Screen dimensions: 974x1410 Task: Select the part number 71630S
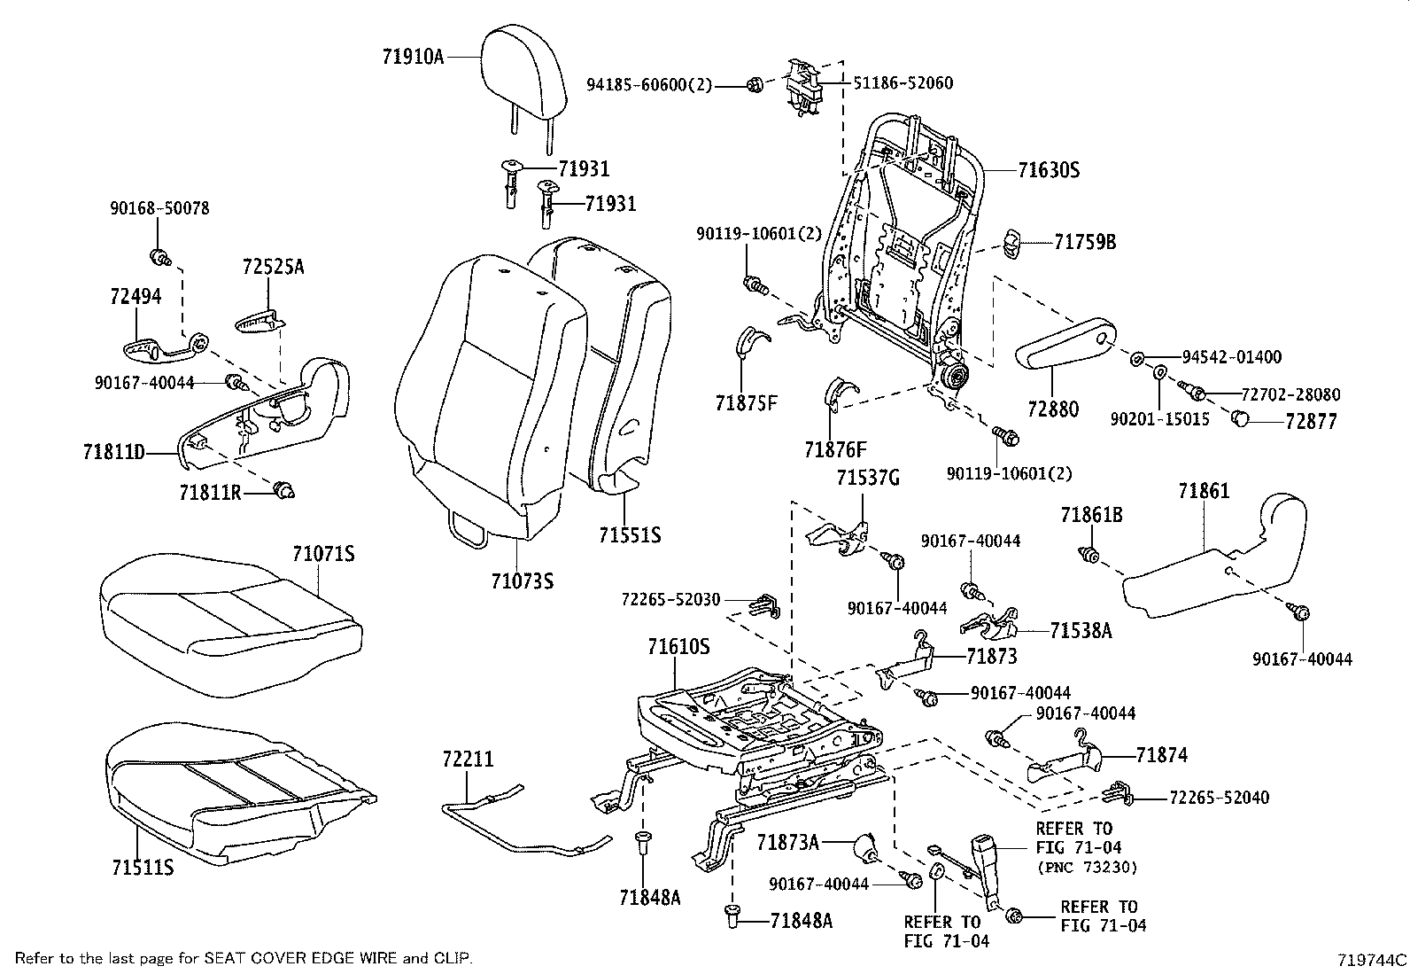(x=1049, y=170)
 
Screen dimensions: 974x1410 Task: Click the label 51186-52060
(x=903, y=83)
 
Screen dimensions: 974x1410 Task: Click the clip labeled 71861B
(x=1090, y=556)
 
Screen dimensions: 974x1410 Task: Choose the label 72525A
(x=273, y=266)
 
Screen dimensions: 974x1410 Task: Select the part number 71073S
(x=522, y=581)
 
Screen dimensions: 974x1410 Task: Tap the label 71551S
(x=629, y=535)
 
